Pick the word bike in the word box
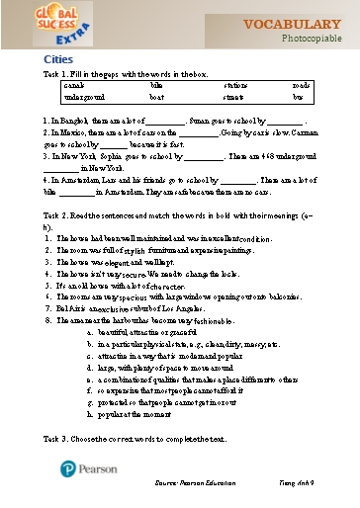(155, 86)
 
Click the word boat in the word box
(156, 98)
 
